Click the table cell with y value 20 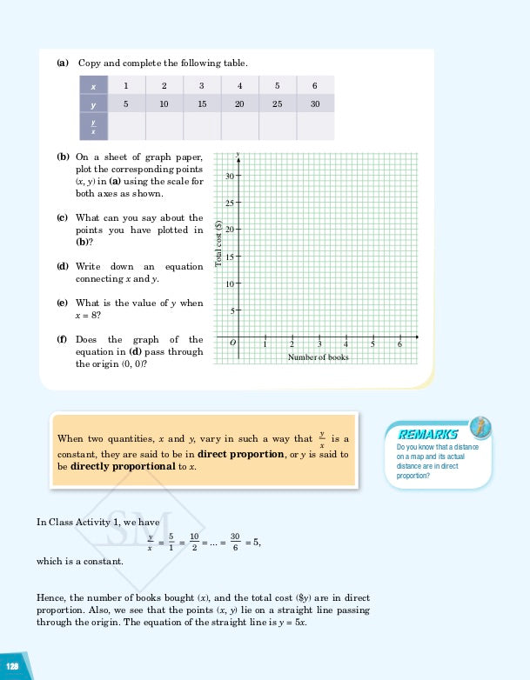pyautogui.click(x=239, y=103)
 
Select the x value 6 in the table pyautogui.click(x=314, y=85)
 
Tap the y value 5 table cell pyautogui.click(x=126, y=103)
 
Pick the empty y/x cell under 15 pyautogui.click(x=201, y=126)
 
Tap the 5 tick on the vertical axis pyautogui.click(x=232, y=310)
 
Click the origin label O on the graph pyautogui.click(x=232, y=344)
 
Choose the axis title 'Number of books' pyautogui.click(x=319, y=357)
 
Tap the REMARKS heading pyautogui.click(x=427, y=434)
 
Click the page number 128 pyautogui.click(x=13, y=665)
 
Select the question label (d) pyautogui.click(x=63, y=266)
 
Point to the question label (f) pyautogui.click(x=63, y=340)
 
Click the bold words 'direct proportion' pyautogui.click(x=239, y=454)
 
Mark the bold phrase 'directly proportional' pyautogui.click(x=122, y=467)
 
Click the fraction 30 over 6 pyautogui.click(x=235, y=542)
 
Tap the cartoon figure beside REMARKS pyautogui.click(x=480, y=427)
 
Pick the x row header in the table pyautogui.click(x=92, y=85)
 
